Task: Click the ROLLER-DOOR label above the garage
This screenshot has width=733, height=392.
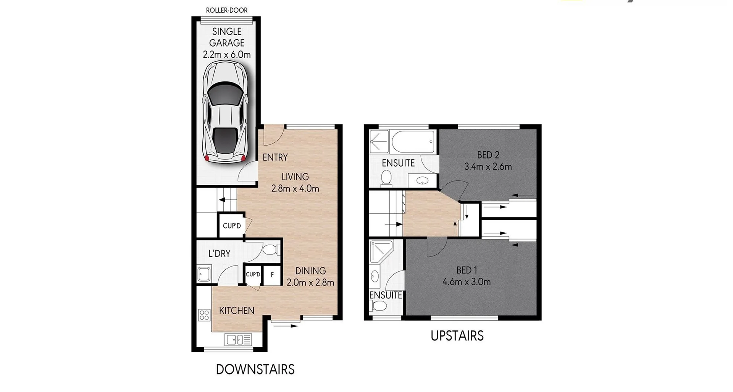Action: tap(227, 10)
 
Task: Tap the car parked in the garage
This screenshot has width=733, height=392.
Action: tap(225, 113)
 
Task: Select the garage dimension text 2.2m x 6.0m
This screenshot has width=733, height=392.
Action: tap(227, 55)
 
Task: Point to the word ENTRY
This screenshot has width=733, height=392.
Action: tap(275, 157)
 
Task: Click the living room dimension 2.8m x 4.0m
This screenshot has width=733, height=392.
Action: tap(295, 188)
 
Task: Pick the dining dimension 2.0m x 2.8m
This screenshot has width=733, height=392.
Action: tap(310, 282)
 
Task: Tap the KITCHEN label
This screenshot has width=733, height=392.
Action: tap(236, 310)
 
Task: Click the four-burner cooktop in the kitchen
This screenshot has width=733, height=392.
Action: tap(204, 315)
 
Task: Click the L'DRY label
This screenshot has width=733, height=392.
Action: tap(219, 253)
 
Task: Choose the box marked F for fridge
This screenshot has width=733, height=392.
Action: tap(272, 275)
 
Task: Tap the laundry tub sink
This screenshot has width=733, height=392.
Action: tap(203, 274)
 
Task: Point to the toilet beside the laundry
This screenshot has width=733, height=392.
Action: tap(271, 250)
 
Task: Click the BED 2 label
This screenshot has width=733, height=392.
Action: tap(488, 155)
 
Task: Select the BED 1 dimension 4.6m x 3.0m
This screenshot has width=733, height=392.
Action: tap(467, 282)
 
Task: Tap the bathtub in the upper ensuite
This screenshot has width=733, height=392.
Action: tap(413, 141)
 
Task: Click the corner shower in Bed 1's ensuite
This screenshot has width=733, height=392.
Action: tap(381, 252)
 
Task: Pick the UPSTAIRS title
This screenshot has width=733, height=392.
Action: tap(457, 336)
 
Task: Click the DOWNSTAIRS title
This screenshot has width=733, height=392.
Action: tap(255, 369)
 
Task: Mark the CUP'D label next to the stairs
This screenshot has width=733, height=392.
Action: tap(232, 226)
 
